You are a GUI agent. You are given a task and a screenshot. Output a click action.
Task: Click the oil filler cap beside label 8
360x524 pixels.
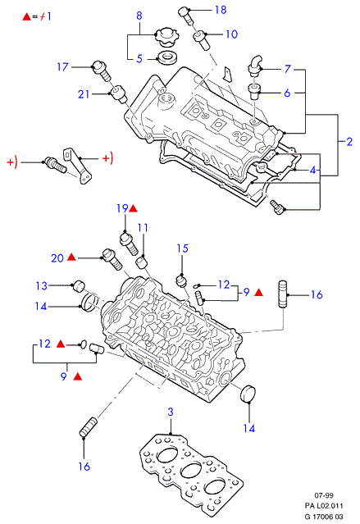(167, 38)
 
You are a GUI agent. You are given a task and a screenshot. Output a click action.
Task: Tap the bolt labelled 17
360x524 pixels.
(101, 71)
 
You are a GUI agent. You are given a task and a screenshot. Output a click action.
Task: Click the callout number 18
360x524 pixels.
(221, 10)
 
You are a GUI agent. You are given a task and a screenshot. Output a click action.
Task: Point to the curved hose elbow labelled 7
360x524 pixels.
(255, 65)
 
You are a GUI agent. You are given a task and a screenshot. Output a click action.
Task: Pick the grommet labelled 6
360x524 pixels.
(255, 92)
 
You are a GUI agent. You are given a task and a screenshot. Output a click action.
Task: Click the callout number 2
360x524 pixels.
(349, 142)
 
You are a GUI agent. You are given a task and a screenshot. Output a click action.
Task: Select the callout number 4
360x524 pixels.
(312, 171)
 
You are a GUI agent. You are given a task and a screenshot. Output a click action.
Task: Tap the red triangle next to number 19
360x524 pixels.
(133, 209)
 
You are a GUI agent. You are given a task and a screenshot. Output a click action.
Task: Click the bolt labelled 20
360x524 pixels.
(112, 259)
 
